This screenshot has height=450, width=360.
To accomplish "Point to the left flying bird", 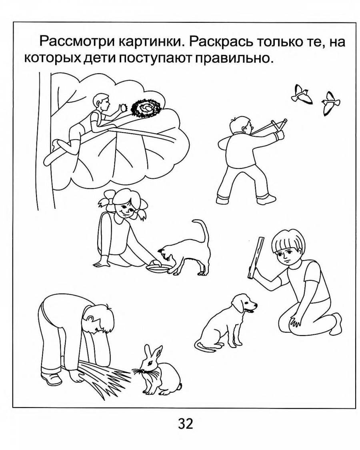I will point(301,94).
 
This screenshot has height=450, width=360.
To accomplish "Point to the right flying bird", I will point(330,103).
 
